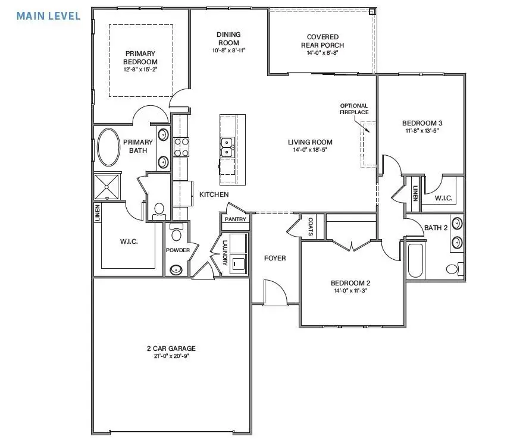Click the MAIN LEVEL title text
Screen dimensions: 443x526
click(48, 16)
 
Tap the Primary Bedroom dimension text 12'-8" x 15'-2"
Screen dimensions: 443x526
click(140, 70)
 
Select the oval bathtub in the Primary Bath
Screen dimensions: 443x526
click(108, 147)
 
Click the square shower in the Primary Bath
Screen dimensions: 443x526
click(107, 187)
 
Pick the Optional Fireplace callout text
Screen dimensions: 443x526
click(353, 109)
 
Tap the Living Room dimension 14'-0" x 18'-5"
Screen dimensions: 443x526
click(310, 150)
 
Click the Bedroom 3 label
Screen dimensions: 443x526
click(422, 124)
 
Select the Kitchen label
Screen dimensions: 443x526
click(214, 194)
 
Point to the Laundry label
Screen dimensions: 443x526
click(225, 253)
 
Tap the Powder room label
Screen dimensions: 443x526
click(178, 250)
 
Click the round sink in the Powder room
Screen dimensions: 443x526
click(176, 269)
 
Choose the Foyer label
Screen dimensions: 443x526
click(274, 258)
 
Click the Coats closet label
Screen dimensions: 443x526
click(311, 227)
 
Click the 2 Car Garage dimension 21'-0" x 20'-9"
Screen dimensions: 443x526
click(171, 357)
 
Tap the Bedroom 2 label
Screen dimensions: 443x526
click(351, 283)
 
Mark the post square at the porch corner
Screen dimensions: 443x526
click(372, 11)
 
